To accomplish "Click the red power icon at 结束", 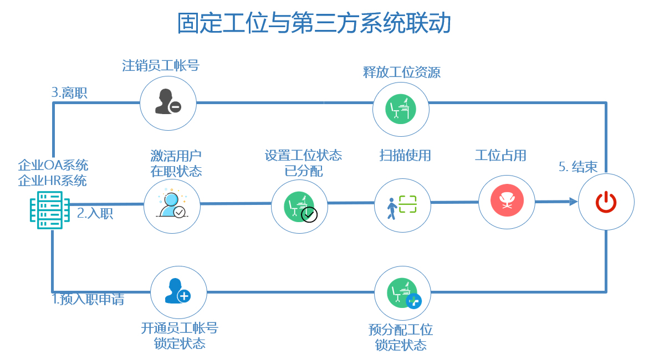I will (x=606, y=202).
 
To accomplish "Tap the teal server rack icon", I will (x=49, y=210).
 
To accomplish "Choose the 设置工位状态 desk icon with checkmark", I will (x=299, y=206).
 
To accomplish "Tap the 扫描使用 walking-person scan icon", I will (x=402, y=206).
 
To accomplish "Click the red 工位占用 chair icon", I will (x=506, y=202).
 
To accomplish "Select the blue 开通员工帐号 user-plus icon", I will (x=178, y=291).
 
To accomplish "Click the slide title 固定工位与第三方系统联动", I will (x=314, y=24).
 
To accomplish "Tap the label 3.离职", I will (x=69, y=92).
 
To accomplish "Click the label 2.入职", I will (x=95, y=213).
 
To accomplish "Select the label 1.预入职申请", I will (x=88, y=300).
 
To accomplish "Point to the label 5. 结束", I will (x=578, y=167).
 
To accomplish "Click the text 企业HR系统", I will (x=53, y=181).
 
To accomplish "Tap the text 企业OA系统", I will (x=53, y=165).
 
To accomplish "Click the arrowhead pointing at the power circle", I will (x=573, y=202).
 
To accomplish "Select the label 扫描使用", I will (x=405, y=156).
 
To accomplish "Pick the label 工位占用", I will (x=500, y=156).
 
